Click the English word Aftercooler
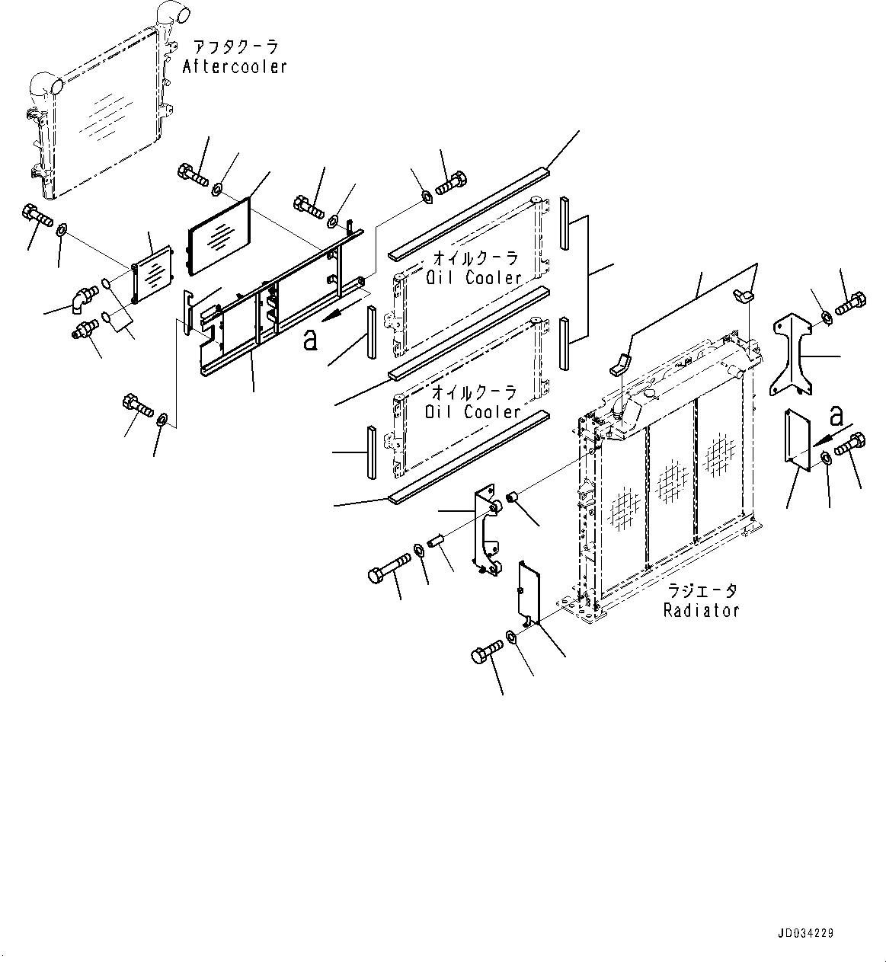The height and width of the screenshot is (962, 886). [x=235, y=67]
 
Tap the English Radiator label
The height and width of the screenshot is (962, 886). [x=701, y=610]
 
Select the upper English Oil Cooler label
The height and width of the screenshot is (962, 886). [x=472, y=278]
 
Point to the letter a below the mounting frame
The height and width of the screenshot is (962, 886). [x=309, y=340]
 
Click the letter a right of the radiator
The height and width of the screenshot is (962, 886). [x=836, y=416]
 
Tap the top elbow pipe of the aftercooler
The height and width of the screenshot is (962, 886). [x=169, y=15]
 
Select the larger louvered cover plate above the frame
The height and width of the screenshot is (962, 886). [x=219, y=235]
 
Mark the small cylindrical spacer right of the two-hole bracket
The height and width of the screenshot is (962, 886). [x=513, y=499]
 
